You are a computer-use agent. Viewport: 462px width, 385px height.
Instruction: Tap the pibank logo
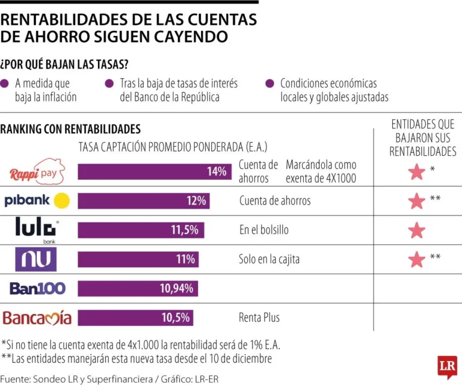37,201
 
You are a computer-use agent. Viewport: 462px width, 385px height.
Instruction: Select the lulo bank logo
37,230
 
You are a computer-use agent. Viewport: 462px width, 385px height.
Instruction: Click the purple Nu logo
35,259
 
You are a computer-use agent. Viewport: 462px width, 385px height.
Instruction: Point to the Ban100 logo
37,288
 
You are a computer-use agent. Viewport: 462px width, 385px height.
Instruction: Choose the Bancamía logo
37,317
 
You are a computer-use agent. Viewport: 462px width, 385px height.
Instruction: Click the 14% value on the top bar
216,171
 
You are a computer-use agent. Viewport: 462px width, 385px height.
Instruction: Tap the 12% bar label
196,201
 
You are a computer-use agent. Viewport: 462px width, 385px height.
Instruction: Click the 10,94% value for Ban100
176,288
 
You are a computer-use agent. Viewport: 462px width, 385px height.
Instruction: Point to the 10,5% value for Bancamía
176,317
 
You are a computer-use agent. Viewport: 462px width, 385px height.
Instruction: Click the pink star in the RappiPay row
416,172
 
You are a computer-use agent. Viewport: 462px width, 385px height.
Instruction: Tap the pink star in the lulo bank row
416,230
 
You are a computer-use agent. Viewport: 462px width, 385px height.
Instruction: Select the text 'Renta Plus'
259,317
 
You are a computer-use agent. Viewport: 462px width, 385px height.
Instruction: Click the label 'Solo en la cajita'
269,259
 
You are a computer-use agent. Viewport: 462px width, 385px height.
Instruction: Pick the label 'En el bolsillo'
263,230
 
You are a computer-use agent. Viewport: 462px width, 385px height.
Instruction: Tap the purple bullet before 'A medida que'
5,84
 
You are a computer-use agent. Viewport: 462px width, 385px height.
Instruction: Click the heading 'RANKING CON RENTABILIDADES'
70,129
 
